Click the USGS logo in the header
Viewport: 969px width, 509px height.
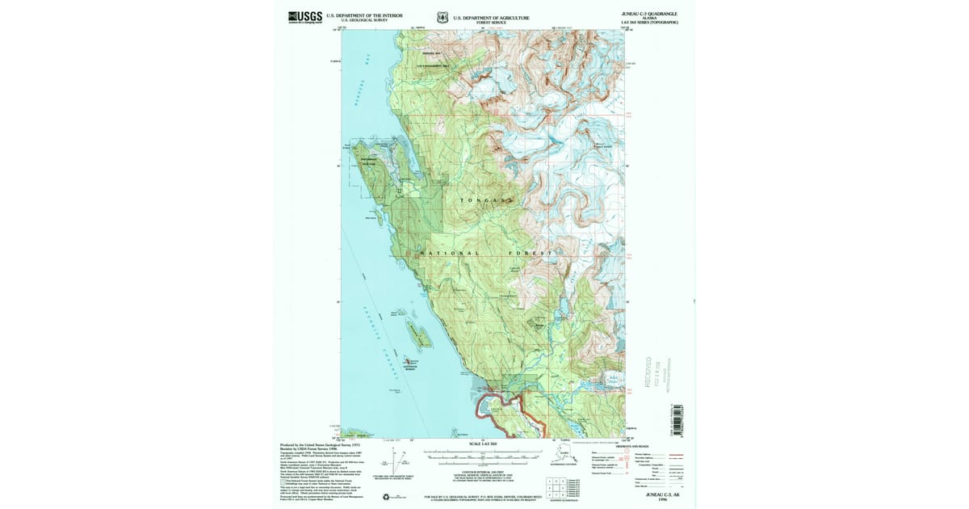pos(304,16)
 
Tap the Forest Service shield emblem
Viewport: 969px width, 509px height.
pos(441,17)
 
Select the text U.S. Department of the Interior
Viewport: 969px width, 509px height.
pos(364,15)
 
